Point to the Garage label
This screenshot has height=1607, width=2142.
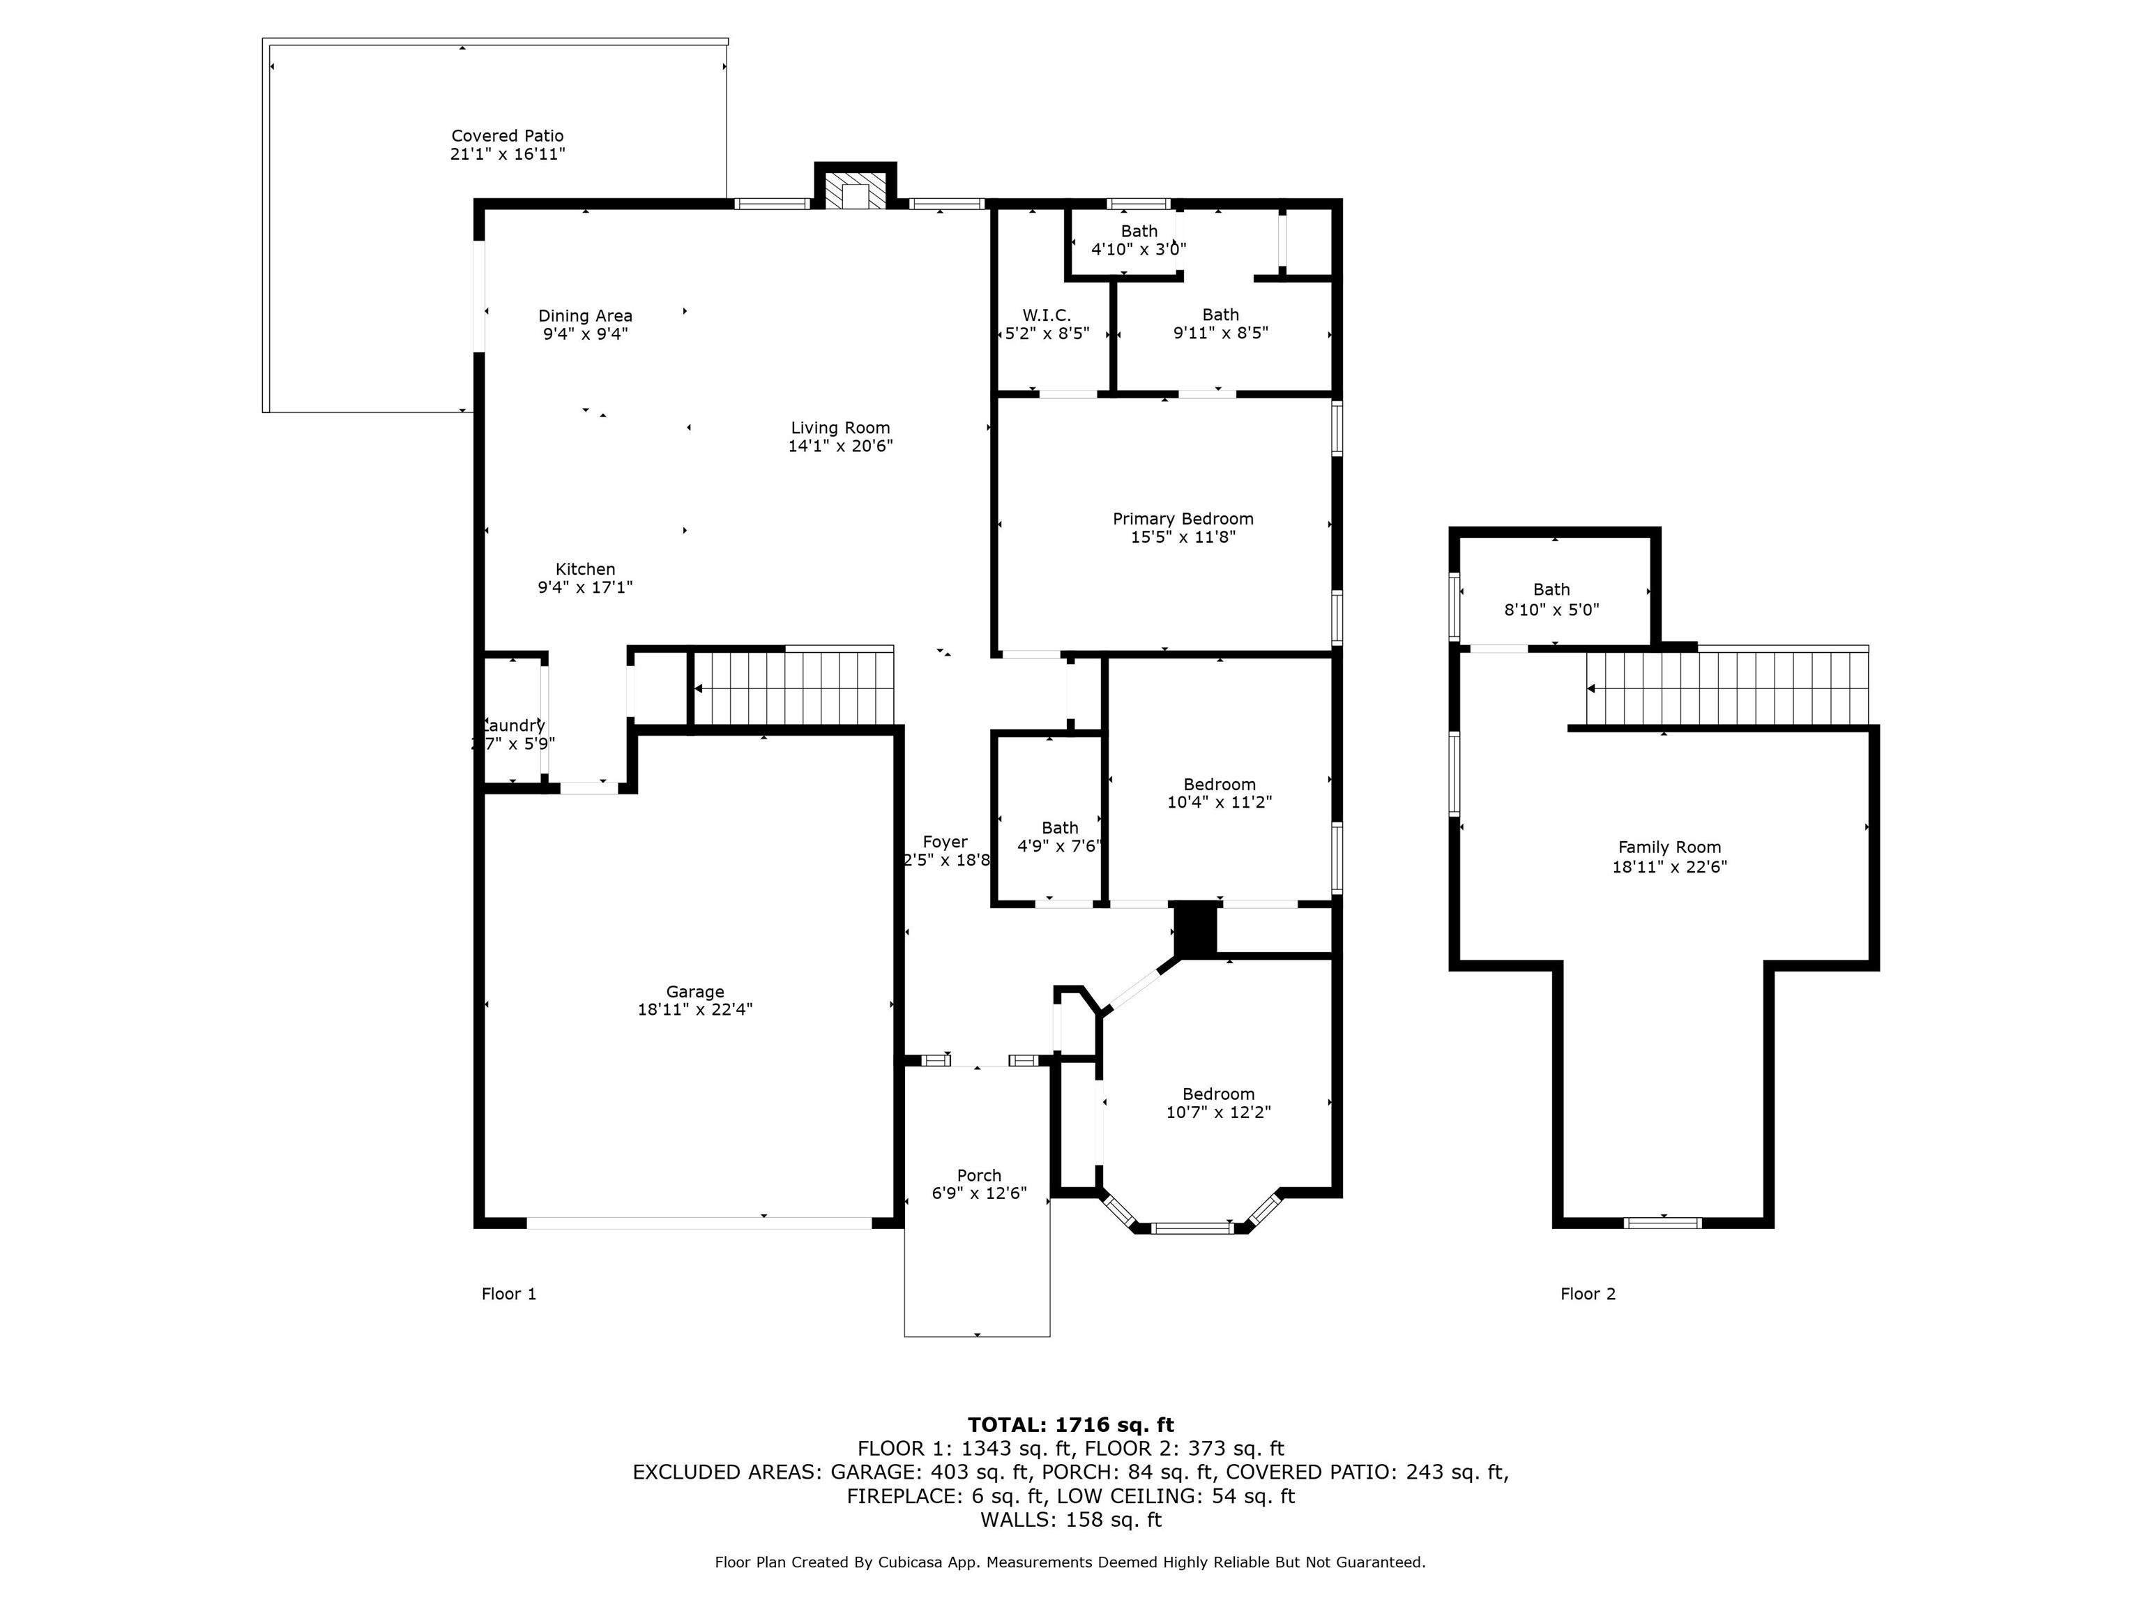click(x=694, y=992)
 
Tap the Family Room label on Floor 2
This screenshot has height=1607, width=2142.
click(x=1669, y=847)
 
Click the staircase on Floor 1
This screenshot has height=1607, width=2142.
click(x=794, y=688)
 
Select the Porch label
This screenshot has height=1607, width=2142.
click(x=979, y=1176)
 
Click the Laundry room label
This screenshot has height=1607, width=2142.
click(x=514, y=725)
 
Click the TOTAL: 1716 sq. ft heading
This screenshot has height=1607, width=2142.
click(x=1070, y=1425)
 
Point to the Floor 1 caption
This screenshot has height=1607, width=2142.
click(x=508, y=1294)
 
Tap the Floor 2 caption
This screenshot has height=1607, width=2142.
click(x=1587, y=1294)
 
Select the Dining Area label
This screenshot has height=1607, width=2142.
click(x=585, y=316)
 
